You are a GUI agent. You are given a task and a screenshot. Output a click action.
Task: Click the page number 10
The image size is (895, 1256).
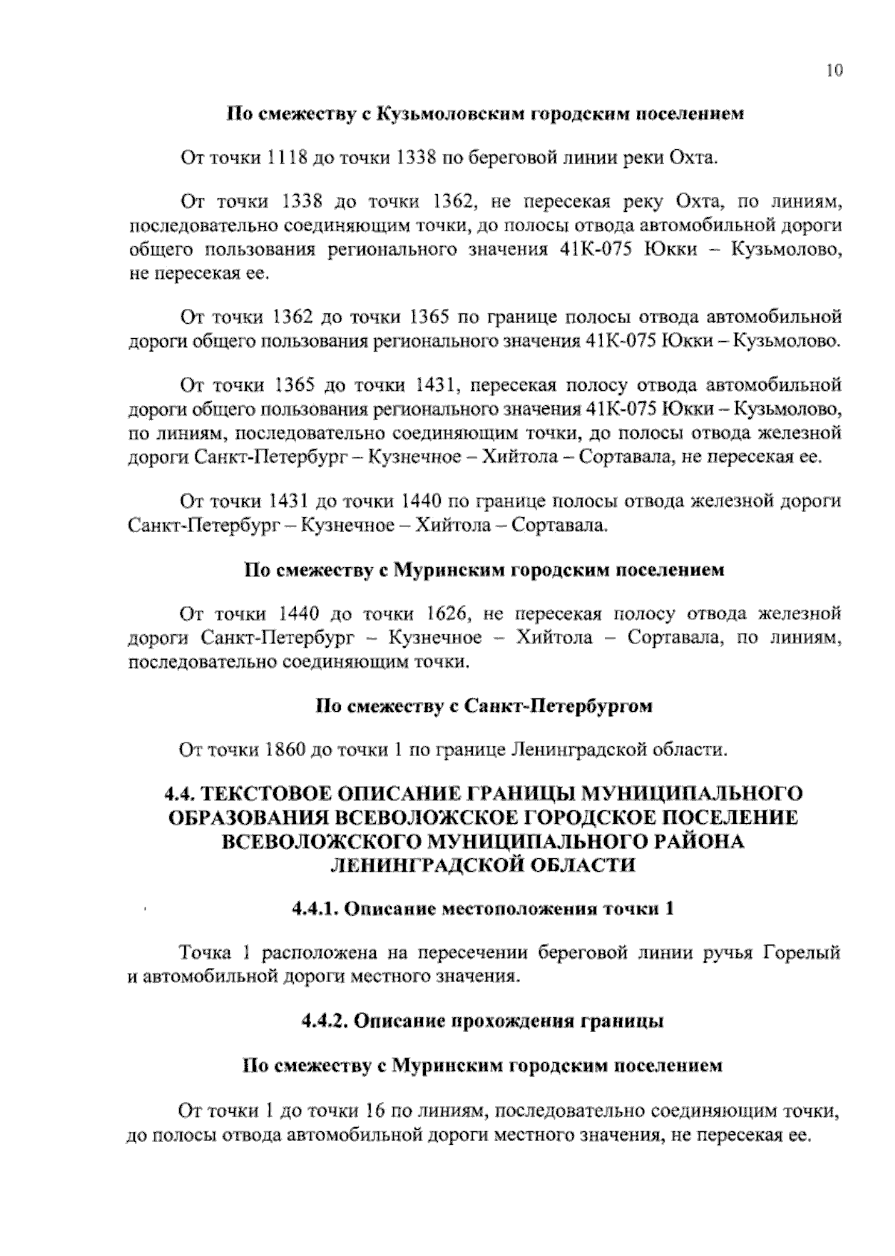[834, 71]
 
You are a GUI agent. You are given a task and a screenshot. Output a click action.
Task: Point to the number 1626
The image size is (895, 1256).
[447, 614]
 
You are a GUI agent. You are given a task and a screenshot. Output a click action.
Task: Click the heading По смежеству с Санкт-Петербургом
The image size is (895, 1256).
[485, 705]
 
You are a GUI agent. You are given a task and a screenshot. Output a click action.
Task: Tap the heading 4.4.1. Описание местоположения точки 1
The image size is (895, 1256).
[485, 910]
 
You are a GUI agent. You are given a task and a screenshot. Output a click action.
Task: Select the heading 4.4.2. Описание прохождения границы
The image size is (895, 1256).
[483, 1022]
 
